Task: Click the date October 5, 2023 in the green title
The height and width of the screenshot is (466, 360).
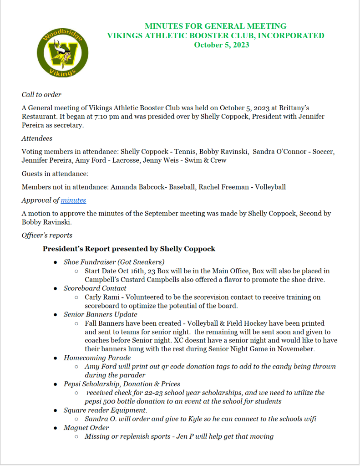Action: [221, 45]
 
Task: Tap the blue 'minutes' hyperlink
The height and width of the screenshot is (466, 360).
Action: [73, 200]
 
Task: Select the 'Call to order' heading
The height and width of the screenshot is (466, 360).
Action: [41, 95]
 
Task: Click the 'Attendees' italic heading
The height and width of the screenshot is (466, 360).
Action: [37, 138]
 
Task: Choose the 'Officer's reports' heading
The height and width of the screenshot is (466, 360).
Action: [47, 235]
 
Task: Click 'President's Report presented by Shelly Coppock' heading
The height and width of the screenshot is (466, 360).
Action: [129, 249]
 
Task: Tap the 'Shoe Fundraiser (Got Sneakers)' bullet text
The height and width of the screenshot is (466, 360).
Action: [114, 262]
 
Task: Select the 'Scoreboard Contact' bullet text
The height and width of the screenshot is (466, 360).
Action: [95, 288]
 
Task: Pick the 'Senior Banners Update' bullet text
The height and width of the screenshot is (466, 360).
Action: [100, 314]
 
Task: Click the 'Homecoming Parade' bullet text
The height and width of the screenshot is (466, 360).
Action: [97, 358]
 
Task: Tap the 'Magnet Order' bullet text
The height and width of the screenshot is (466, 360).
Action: [86, 428]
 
